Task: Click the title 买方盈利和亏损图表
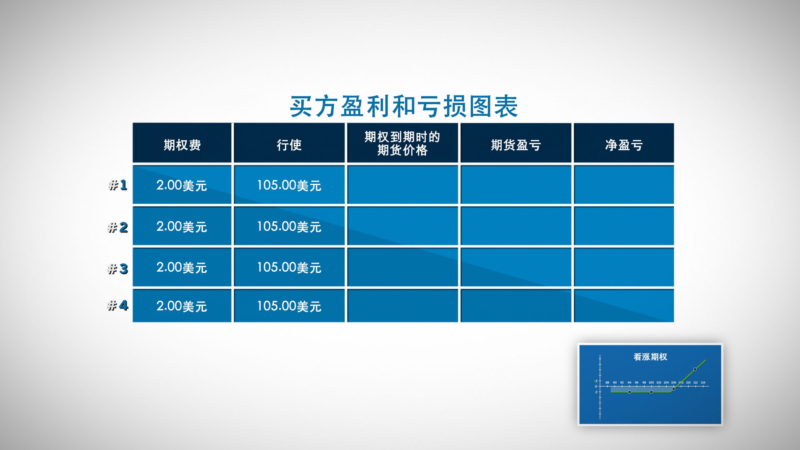(x=404, y=107)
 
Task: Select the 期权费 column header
(x=182, y=145)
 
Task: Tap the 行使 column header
(x=289, y=145)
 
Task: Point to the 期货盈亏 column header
(x=516, y=145)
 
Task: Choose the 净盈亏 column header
(x=624, y=145)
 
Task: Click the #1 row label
(x=118, y=185)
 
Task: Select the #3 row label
(x=118, y=269)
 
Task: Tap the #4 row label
(x=118, y=305)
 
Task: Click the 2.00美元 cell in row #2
(x=182, y=226)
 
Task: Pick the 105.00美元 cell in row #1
(x=289, y=185)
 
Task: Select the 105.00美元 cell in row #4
(x=289, y=306)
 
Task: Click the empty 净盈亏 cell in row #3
(x=624, y=267)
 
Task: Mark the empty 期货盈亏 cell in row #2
(x=516, y=226)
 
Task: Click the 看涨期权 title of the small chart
(x=650, y=357)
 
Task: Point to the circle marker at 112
(x=695, y=369)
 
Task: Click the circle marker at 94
(x=630, y=392)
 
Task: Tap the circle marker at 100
(x=651, y=392)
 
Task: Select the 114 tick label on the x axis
(x=703, y=382)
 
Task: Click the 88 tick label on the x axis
(x=607, y=382)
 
